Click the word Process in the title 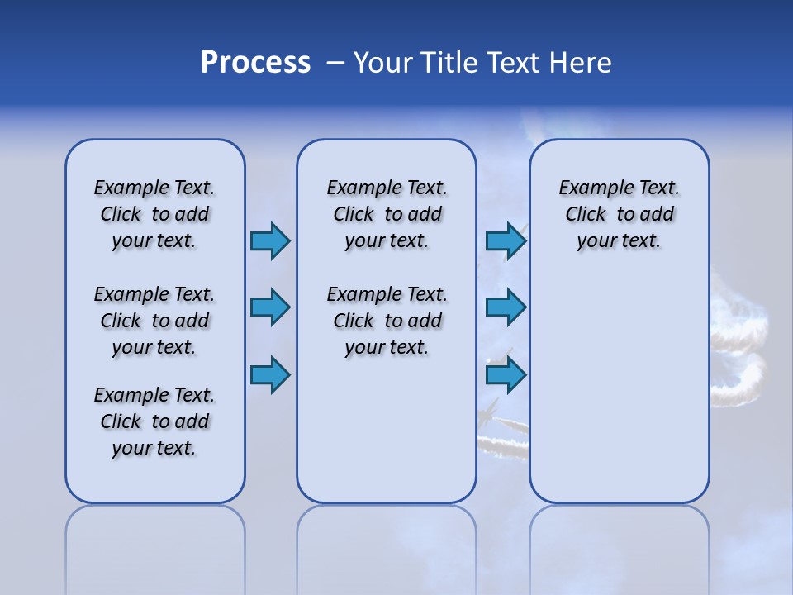pyautogui.click(x=255, y=63)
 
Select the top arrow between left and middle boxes pyautogui.click(x=270, y=241)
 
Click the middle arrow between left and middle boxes pyautogui.click(x=270, y=308)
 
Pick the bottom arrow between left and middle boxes pyautogui.click(x=270, y=375)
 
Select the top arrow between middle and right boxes pyautogui.click(x=506, y=241)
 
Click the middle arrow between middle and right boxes pyautogui.click(x=506, y=308)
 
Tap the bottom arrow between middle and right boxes pyautogui.click(x=506, y=375)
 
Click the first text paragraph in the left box pyautogui.click(x=154, y=214)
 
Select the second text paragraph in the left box pyautogui.click(x=154, y=321)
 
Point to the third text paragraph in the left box pyautogui.click(x=154, y=421)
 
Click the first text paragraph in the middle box pyautogui.click(x=387, y=214)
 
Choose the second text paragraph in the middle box pyautogui.click(x=387, y=321)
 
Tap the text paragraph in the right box pyautogui.click(x=619, y=214)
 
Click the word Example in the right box pyautogui.click(x=590, y=188)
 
